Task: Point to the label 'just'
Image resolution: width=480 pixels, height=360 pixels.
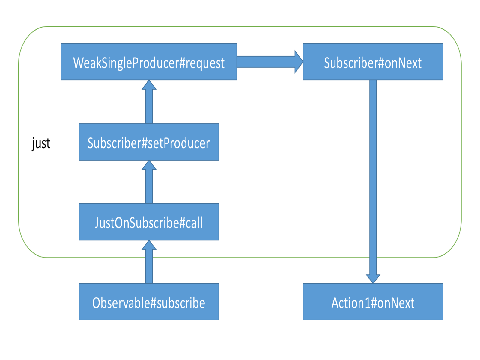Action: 41,143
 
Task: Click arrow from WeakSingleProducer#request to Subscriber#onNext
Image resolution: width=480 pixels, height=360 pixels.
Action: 267,62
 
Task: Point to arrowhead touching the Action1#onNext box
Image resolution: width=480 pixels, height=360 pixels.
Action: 373,279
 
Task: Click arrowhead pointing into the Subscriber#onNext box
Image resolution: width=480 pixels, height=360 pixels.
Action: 299,62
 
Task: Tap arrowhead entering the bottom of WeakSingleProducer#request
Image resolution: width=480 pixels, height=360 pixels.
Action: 149,85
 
